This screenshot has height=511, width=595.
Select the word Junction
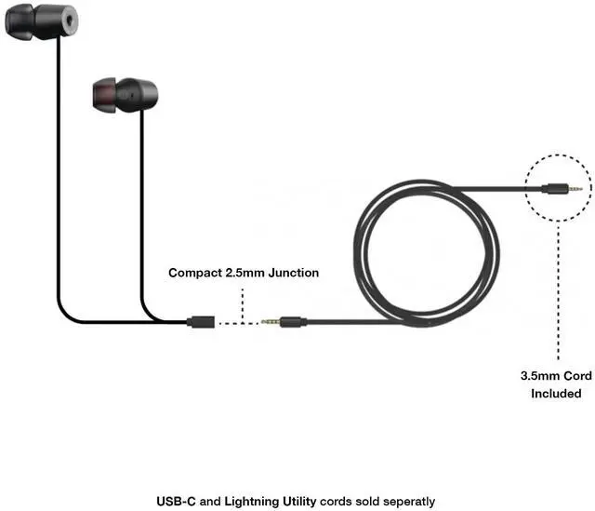293,274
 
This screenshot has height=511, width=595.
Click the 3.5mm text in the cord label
537,377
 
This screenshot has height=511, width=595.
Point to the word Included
556,394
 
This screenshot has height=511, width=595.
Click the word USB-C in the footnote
176,501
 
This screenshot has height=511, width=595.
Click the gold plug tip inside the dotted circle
576,189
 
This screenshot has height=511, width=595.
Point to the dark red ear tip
103,93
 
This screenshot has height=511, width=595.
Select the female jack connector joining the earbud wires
202,322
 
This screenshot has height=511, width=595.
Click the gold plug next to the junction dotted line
271,322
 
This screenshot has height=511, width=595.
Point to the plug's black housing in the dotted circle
555,189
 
